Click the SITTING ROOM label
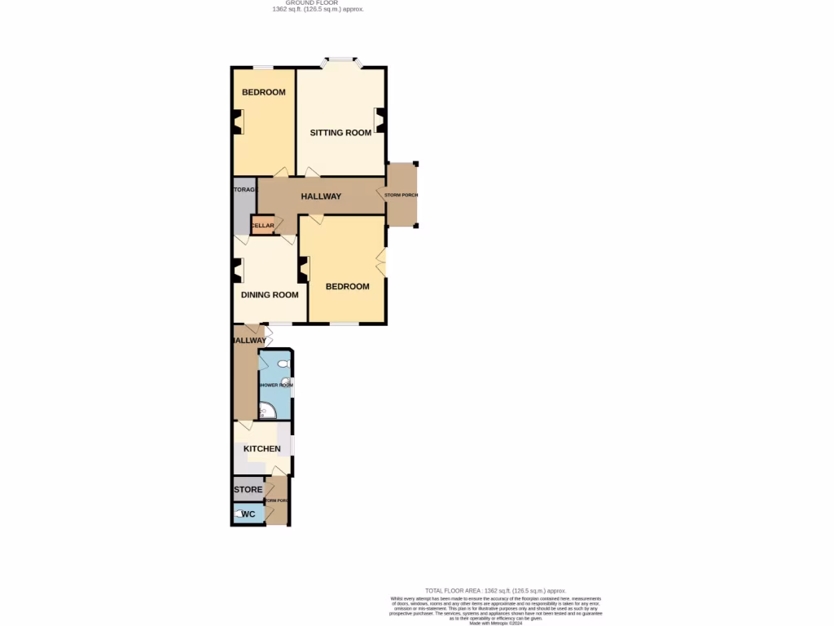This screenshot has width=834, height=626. pos(340,133)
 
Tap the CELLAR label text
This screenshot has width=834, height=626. pos(262,226)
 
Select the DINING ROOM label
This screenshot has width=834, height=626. pos(270,295)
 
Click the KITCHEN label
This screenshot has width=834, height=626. pos(262,449)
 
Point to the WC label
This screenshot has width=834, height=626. pos(248,514)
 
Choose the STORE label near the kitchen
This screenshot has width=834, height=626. pos(248,490)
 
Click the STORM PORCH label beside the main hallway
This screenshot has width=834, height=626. pos(401,195)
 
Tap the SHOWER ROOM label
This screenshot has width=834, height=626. pos(274,385)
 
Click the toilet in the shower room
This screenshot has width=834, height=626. pos(283,364)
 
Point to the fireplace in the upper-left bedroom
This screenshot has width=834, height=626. pos(238,122)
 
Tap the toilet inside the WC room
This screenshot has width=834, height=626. pos(239,514)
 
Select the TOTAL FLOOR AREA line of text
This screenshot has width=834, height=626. pos(494,590)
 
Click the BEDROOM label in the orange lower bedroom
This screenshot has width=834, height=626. pos(348,286)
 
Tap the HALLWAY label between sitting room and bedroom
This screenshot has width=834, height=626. pos(321,196)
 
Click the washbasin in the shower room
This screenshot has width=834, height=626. pos(288,381)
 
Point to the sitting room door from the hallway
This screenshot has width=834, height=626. pos(311,173)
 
